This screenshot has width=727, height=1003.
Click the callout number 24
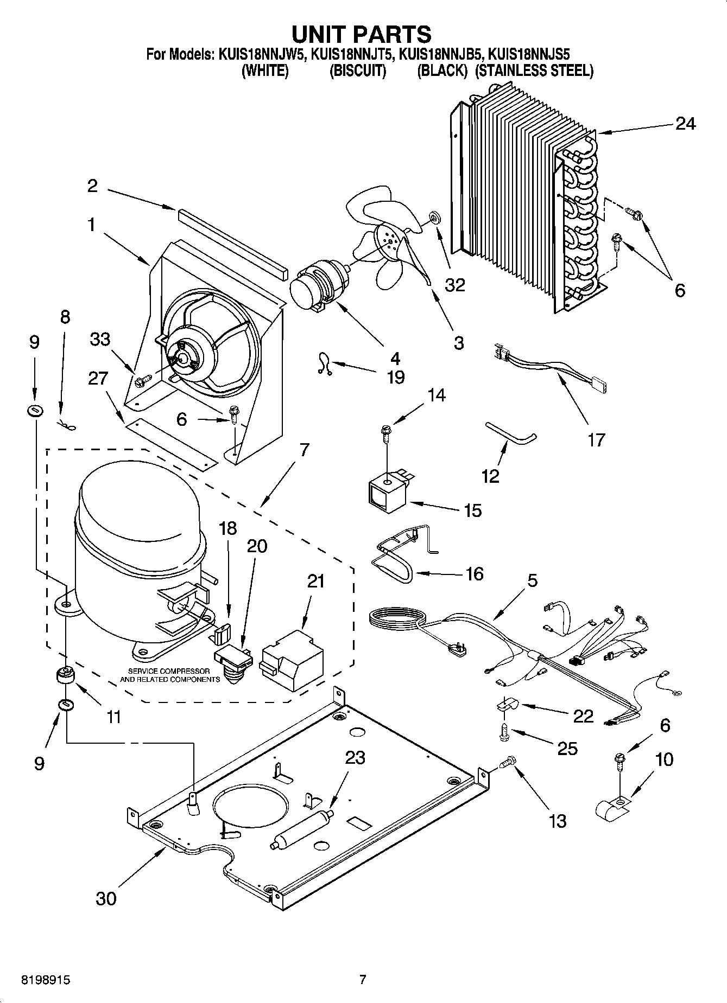[685, 124]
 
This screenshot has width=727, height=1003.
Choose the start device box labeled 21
[292, 660]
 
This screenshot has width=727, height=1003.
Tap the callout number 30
[106, 898]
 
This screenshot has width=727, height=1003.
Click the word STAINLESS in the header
[508, 71]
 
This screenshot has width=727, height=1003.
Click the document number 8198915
[45, 980]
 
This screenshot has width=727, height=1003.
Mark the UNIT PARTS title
[362, 34]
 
